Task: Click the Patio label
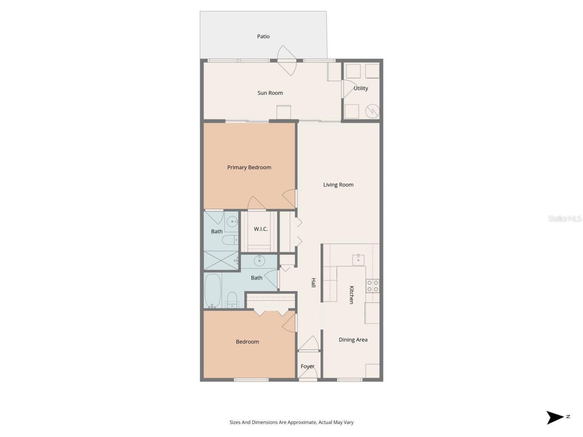(263, 36)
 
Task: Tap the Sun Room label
(270, 93)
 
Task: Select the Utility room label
(361, 88)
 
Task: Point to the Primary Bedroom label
(249, 168)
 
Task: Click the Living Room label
(338, 185)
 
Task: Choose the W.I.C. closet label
(261, 229)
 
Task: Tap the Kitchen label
(351, 295)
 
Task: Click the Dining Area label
(353, 340)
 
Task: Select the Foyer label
(307, 366)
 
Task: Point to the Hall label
(313, 283)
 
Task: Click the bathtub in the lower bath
(213, 290)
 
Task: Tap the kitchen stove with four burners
(373, 285)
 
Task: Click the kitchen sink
(358, 260)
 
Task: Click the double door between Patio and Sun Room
(287, 61)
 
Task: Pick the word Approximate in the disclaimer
(300, 422)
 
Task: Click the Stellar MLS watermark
(565, 219)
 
